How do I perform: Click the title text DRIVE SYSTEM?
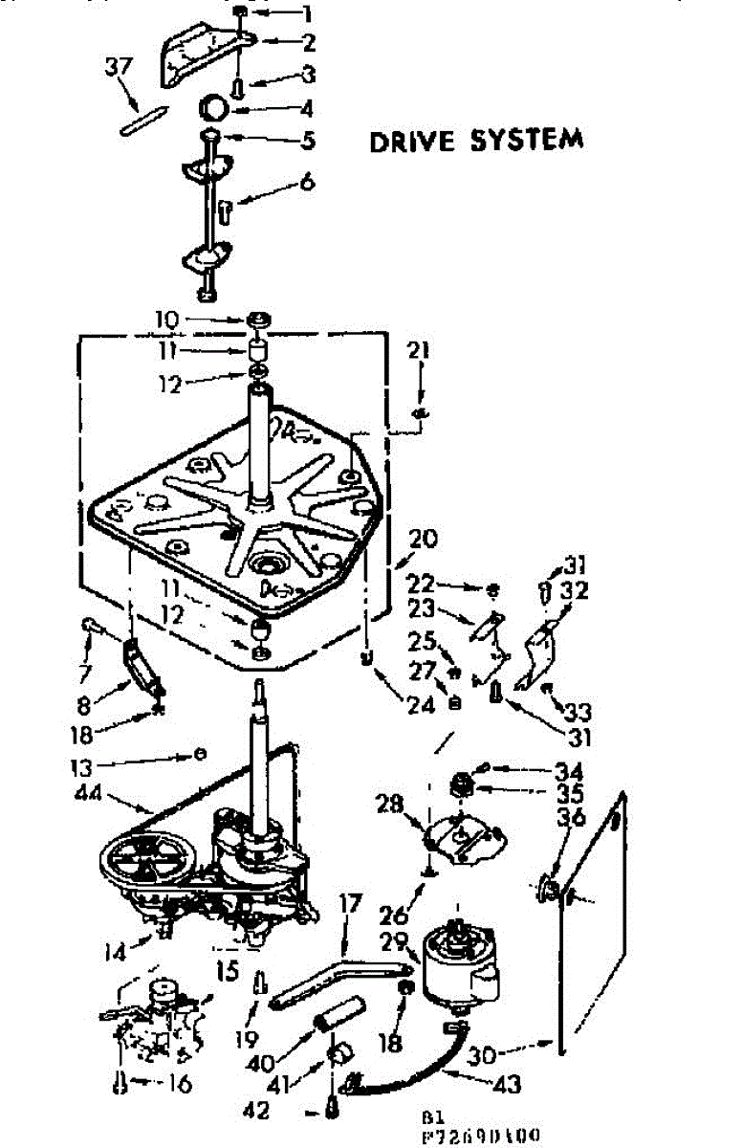click(476, 141)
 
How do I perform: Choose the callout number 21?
click(418, 353)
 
